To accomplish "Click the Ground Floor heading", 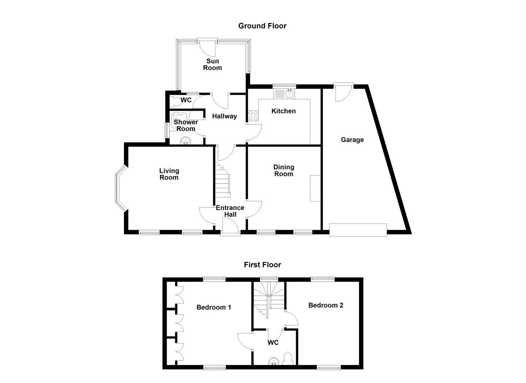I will [x=262, y=26].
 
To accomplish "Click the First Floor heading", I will [x=262, y=265].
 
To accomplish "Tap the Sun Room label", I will [x=212, y=64].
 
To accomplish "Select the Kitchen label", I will [x=284, y=111].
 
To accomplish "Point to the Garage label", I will [x=352, y=140].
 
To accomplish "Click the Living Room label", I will [x=169, y=174].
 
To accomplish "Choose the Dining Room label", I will [x=284, y=170].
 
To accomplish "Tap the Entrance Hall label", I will [x=230, y=211].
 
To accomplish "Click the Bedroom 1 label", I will [x=214, y=307].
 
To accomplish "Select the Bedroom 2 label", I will [x=326, y=305].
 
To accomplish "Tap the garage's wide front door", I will [x=358, y=230].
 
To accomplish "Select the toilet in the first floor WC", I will [x=288, y=359].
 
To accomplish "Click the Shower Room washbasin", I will [x=186, y=141].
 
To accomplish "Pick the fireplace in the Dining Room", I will [x=315, y=188].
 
